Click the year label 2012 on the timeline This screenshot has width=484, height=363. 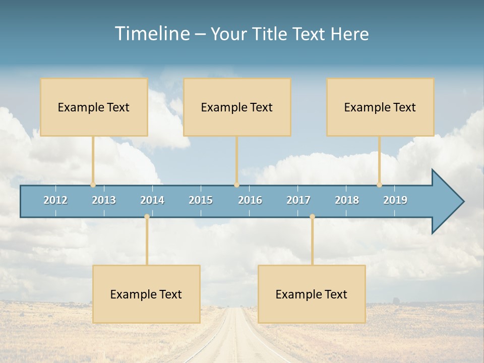[x=55, y=200]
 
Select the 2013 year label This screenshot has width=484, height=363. [x=104, y=200]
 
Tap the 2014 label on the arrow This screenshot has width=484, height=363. [x=152, y=200]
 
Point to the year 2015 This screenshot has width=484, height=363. [x=201, y=200]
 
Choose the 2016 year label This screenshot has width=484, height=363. [x=250, y=200]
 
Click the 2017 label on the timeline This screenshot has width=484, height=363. [x=298, y=200]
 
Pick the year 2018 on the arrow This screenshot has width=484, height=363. [x=347, y=200]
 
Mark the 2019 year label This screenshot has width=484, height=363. [x=395, y=200]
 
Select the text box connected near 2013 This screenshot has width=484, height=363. [x=94, y=107]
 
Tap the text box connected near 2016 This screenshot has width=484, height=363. [x=237, y=107]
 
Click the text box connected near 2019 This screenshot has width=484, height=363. [x=380, y=107]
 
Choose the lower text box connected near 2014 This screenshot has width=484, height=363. [x=146, y=294]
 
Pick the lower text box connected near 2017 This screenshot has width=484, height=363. [x=312, y=294]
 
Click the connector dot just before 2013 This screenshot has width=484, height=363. [x=93, y=185]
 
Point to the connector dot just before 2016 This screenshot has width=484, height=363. [x=236, y=185]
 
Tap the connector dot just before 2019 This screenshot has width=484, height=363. [x=379, y=185]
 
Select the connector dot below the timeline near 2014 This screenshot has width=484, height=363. [x=147, y=217]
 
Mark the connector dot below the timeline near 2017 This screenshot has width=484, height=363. [x=312, y=217]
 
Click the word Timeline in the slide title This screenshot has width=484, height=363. [x=152, y=34]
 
